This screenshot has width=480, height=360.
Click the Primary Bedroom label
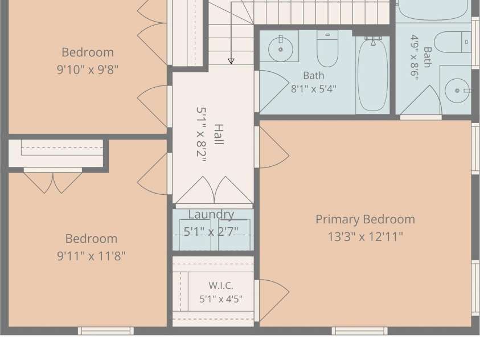click(x=365, y=219)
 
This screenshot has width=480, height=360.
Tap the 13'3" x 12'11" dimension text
click(x=365, y=236)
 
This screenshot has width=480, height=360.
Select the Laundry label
click(x=211, y=215)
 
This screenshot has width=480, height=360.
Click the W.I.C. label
click(x=221, y=285)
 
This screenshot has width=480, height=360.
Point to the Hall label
click(x=219, y=134)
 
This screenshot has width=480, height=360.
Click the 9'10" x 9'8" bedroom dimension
click(x=88, y=69)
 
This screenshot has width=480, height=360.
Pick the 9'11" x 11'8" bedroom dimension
click(x=91, y=256)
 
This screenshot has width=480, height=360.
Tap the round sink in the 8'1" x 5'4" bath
click(x=280, y=49)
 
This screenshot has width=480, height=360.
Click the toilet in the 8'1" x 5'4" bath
click(x=327, y=48)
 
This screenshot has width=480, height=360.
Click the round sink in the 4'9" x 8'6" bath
click(x=457, y=91)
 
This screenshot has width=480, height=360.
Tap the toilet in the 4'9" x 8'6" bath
click(x=453, y=42)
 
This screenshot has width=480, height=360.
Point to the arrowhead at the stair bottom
click(x=231, y=61)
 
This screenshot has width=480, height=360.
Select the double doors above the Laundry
click(x=214, y=190)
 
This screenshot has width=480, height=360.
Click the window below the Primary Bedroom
click(x=360, y=331)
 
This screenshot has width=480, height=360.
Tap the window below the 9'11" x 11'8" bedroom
click(x=105, y=331)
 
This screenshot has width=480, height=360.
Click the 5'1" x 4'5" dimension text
click(x=221, y=299)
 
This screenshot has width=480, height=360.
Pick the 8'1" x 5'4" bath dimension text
click(x=314, y=89)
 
